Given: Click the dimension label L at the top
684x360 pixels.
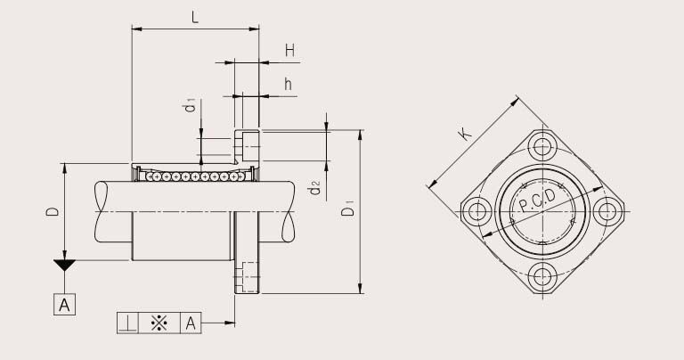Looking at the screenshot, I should [194, 16].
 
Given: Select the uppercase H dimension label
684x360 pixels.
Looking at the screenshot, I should [289, 51].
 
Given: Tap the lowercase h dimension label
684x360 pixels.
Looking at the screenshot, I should [289, 84].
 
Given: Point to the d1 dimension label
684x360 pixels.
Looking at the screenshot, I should [189, 107].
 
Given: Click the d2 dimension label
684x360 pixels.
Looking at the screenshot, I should [313, 188].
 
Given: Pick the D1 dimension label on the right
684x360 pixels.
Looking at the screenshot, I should [349, 209].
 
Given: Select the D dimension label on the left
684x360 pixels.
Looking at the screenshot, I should [53, 211].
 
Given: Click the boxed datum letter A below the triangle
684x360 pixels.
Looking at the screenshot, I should [64, 305].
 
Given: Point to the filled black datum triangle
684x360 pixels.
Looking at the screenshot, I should [64, 266].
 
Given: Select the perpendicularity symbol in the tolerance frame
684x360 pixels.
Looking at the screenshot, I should [127, 323].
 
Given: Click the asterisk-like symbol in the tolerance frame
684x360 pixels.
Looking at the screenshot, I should [159, 323].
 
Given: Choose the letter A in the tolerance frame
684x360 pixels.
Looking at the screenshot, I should [191, 323].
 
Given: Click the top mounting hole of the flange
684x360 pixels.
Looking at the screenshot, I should [542, 148].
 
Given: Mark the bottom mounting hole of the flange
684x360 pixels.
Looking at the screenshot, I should [542, 275].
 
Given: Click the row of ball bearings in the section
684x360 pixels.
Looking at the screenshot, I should [191, 176].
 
